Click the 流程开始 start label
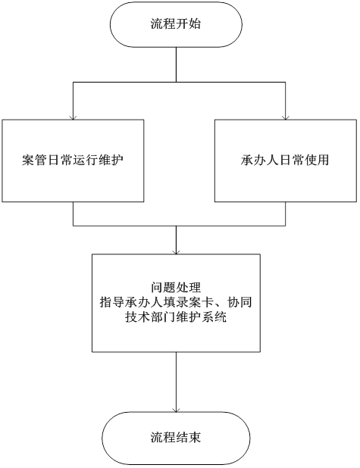click(176, 24)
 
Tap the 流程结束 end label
click(176, 437)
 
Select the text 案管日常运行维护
click(73, 160)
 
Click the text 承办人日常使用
click(285, 160)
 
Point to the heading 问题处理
click(176, 288)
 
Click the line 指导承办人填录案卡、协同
click(176, 302)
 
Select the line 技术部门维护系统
click(176, 317)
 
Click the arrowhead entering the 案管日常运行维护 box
click(73, 117)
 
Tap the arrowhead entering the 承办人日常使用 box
click(286, 117)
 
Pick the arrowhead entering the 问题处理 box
click(176, 252)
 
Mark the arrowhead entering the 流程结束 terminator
click(176, 410)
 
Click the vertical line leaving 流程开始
click(176, 64)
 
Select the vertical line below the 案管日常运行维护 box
click(74, 214)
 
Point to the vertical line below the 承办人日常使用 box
click(285, 214)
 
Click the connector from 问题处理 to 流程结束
click(176, 382)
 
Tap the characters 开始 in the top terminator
click(189, 24)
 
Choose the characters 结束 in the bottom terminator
click(189, 437)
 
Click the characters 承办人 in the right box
click(260, 160)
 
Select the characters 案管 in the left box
click(35, 160)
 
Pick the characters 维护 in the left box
click(111, 160)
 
